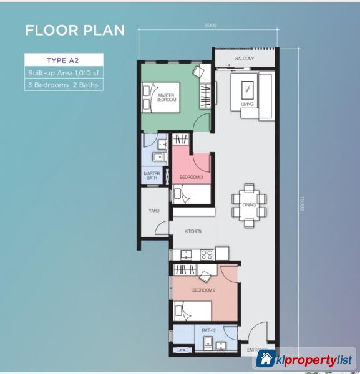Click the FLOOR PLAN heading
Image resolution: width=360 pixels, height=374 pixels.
75,30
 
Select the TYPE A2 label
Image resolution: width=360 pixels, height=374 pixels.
64,60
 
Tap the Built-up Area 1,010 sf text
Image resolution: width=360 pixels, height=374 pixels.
64,73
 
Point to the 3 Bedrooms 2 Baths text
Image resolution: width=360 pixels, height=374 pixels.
64,85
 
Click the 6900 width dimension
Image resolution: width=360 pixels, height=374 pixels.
210,26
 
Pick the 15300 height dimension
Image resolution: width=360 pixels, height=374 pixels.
302,203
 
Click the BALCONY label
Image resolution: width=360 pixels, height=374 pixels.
244,59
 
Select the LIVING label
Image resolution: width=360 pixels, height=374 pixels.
248,104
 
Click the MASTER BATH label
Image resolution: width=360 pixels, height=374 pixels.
152,175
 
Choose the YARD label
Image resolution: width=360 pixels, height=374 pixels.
153,211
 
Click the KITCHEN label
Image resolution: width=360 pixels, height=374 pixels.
193,231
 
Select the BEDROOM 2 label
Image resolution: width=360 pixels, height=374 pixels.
203,290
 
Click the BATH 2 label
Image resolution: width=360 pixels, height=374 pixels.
208,330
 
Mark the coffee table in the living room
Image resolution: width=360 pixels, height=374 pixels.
248,87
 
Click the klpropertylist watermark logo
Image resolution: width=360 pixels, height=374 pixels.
305,359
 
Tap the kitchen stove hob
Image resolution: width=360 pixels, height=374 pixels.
206,254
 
